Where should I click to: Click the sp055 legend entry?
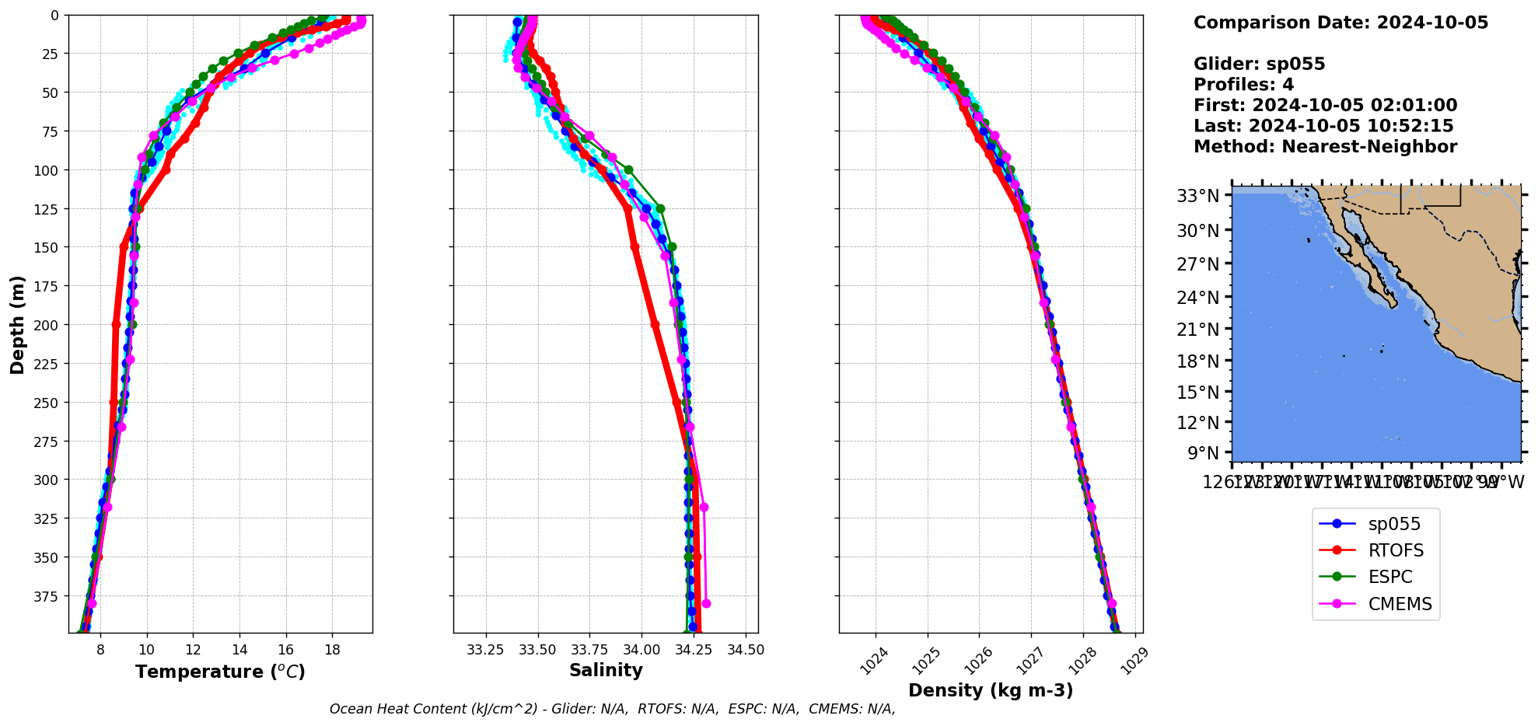coord(1394,524)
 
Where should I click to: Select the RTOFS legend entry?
coord(1396,550)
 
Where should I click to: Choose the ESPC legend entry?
coord(1390,577)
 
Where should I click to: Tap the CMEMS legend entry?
coord(1400,604)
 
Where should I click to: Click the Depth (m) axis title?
coord(17,324)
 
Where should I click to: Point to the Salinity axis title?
coord(606,670)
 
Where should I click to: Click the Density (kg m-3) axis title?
coord(991,690)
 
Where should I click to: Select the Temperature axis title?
coord(220,672)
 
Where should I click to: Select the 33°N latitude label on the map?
coord(1198,195)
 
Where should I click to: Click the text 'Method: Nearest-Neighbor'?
coord(1325,147)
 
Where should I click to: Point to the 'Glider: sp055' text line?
coord(1259,64)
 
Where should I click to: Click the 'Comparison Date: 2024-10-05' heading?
coord(1341,23)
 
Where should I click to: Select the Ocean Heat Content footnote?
coord(612,709)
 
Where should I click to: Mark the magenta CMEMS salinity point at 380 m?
coord(706,603)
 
